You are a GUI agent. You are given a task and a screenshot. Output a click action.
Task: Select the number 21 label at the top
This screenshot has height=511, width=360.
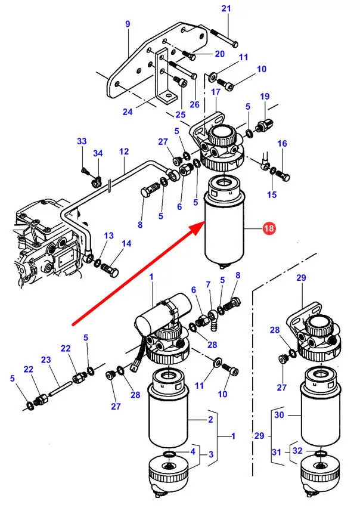225,8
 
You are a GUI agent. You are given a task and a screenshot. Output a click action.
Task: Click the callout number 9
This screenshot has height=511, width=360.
128,24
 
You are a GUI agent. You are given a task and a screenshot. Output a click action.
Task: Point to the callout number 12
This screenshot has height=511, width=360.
123,152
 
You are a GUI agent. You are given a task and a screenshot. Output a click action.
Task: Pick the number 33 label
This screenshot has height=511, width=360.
82,141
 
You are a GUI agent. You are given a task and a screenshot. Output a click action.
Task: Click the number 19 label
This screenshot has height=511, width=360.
265,97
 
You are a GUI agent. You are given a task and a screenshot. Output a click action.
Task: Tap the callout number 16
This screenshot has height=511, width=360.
282,144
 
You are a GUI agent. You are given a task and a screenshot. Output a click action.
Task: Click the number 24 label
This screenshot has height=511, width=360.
128,112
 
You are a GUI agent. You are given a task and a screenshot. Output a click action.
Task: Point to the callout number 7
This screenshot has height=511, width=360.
208,284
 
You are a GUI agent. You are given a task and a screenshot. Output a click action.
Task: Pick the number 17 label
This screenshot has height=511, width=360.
215,92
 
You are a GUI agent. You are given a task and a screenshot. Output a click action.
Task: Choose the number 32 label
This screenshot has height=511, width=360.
297,451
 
